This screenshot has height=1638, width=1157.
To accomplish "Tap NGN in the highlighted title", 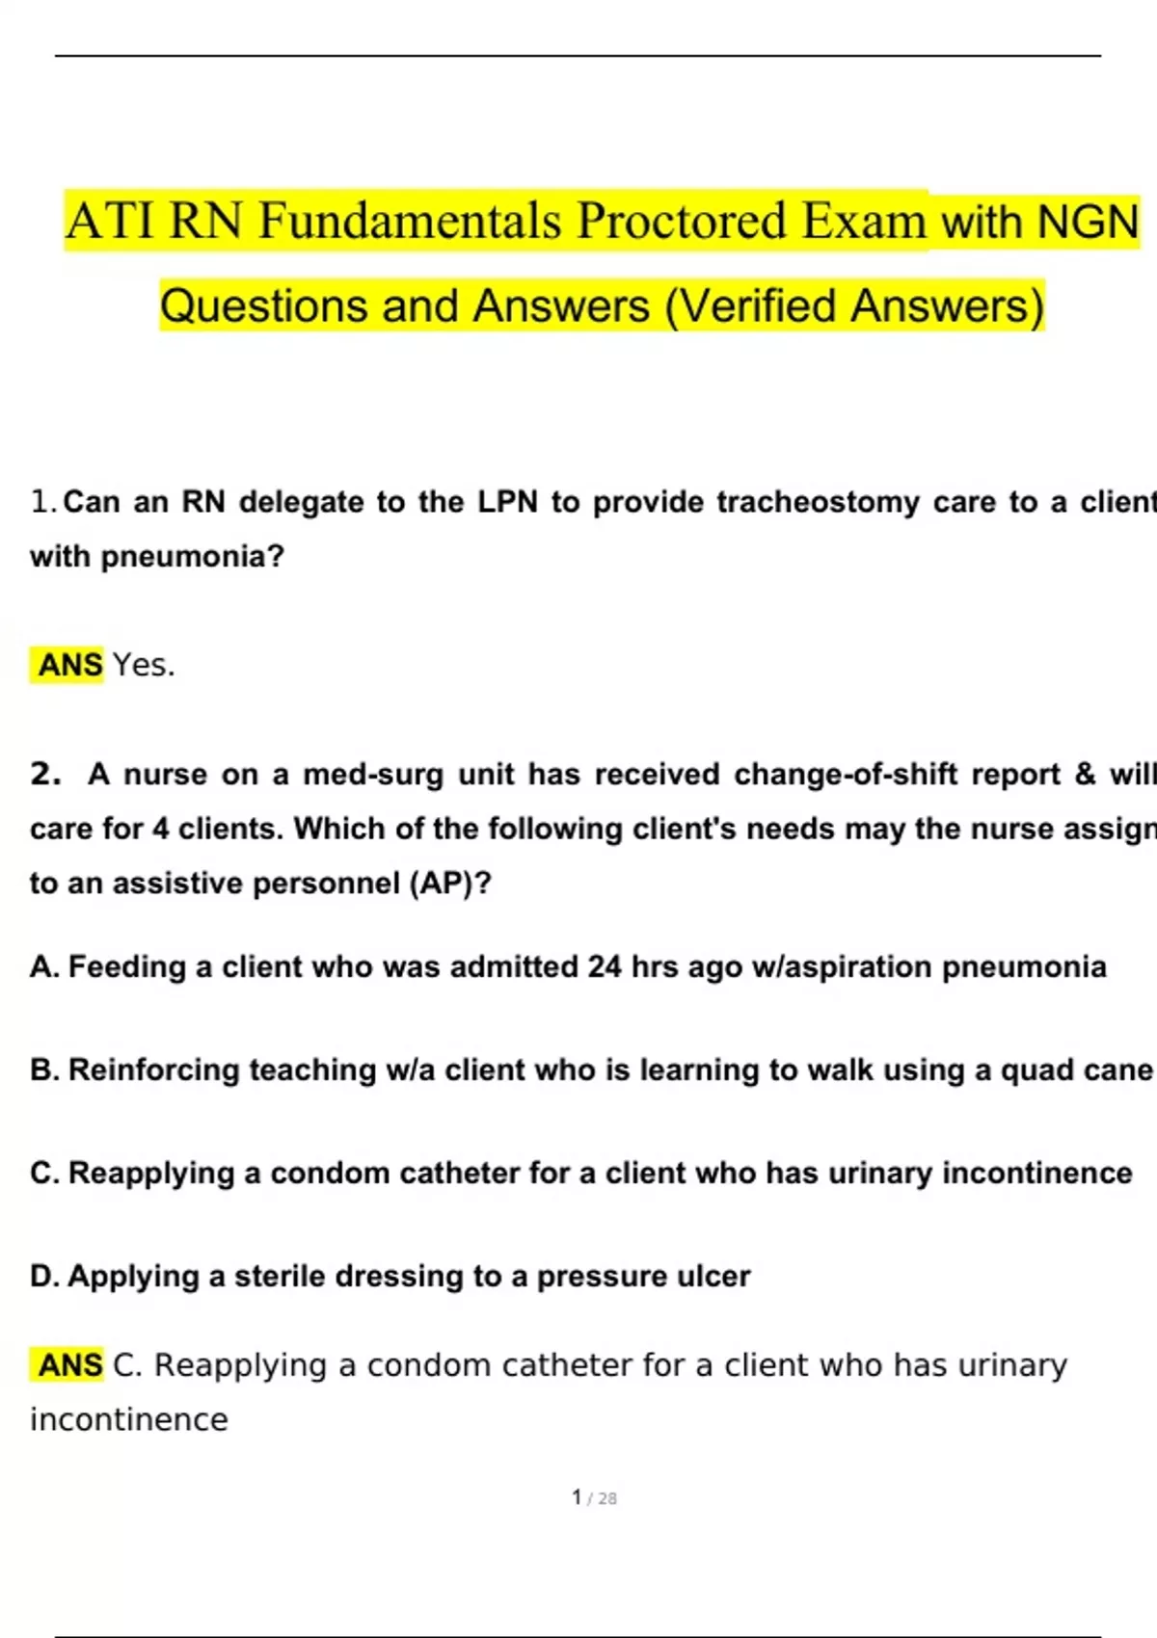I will pyautogui.click(x=1087, y=222).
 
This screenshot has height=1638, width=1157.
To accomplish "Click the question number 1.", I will pyautogui.click(x=40, y=502).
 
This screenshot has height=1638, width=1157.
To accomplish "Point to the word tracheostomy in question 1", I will pyautogui.click(x=818, y=502).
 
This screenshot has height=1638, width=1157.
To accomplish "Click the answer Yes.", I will pyautogui.click(x=144, y=665).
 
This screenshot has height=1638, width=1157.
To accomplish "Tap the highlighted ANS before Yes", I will pyautogui.click(x=69, y=665).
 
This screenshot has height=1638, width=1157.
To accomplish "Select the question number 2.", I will pyautogui.click(x=44, y=775).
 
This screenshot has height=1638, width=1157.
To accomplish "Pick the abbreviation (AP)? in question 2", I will pyautogui.click(x=450, y=884).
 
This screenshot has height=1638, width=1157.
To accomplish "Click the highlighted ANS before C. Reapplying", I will pyautogui.click(x=69, y=1365).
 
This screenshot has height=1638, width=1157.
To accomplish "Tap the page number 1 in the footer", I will pyautogui.click(x=577, y=1497).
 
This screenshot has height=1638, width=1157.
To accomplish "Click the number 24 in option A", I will pyautogui.click(x=605, y=966).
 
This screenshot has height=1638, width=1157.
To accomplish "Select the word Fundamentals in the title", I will pyautogui.click(x=410, y=221).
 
